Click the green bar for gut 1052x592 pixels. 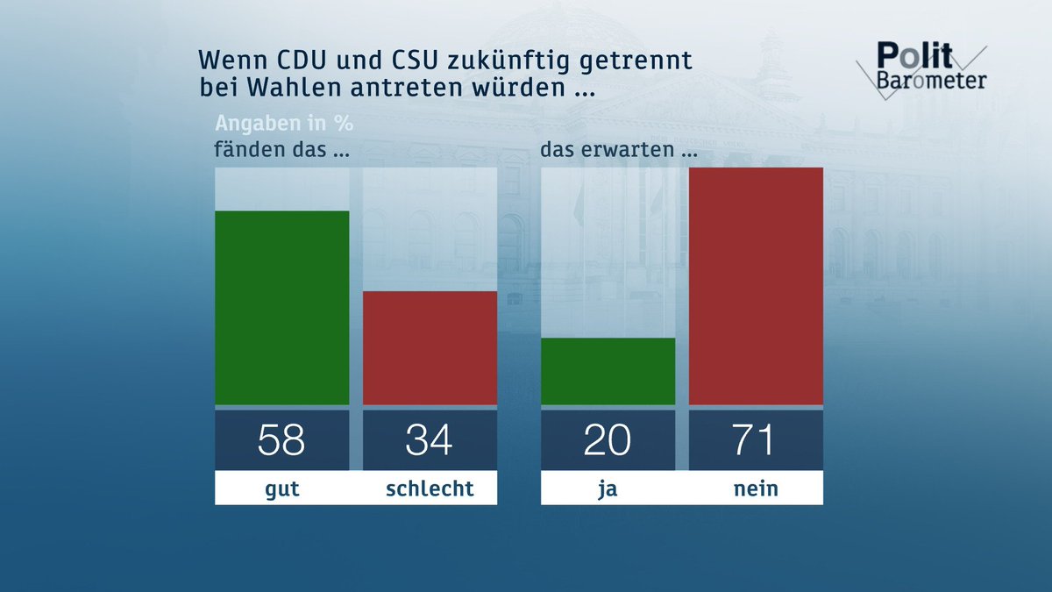[281, 308]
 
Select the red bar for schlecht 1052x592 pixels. [430, 348]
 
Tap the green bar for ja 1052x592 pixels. [608, 371]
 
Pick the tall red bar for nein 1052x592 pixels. [756, 286]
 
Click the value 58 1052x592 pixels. [281, 439]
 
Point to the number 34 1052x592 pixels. [430, 439]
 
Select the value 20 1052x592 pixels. [608, 439]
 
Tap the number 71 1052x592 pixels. [756, 439]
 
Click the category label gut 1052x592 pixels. [281, 489]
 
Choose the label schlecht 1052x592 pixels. [430, 489]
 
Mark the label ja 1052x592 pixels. [608, 489]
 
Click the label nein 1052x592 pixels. [756, 489]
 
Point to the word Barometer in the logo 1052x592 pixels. [931, 81]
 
